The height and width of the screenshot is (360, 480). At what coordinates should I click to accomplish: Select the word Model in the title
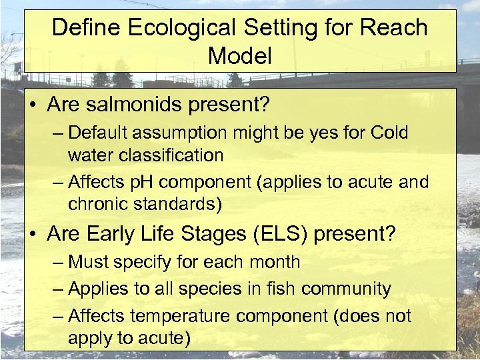click(x=240, y=55)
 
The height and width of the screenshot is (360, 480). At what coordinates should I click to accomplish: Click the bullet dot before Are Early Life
click(x=34, y=235)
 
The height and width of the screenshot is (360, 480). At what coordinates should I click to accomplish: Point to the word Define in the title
click(x=84, y=28)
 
